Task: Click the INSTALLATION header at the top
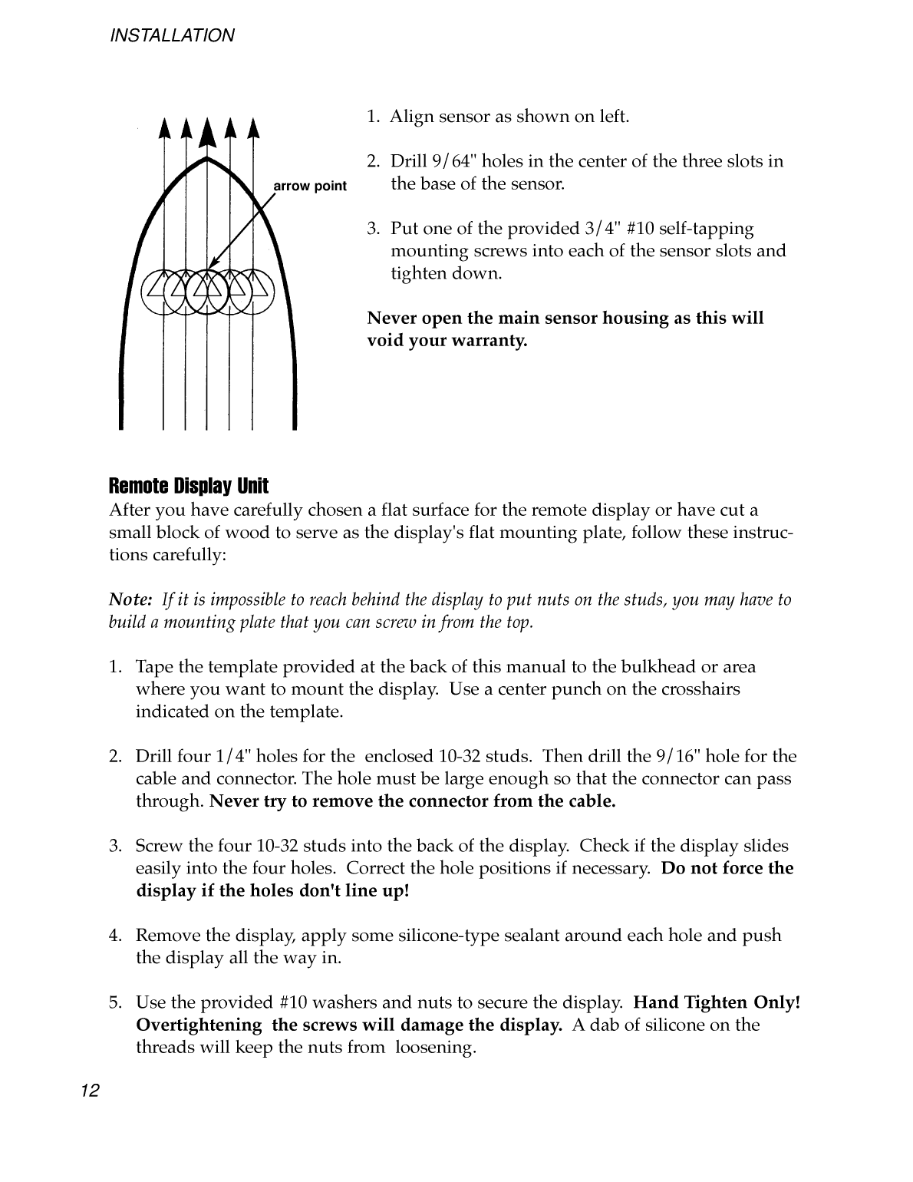(x=172, y=35)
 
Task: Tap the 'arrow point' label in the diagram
(x=310, y=187)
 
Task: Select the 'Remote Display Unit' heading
(x=189, y=487)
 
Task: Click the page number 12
(x=89, y=1091)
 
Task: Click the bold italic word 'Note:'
(x=132, y=600)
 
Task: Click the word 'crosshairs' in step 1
(x=703, y=689)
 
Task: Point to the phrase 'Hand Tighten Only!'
(x=717, y=1002)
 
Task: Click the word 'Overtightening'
(x=199, y=1025)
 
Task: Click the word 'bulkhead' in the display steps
(x=661, y=667)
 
